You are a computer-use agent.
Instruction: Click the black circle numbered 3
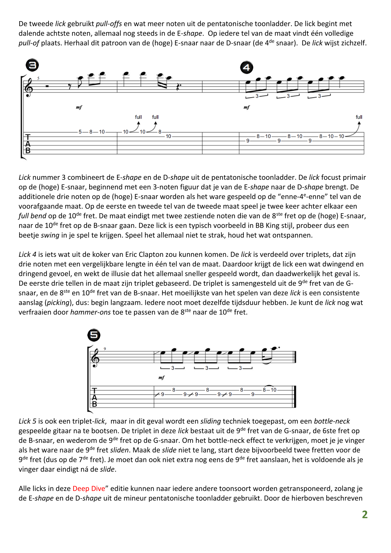coord(32,65)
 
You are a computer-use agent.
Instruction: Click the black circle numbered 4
coord(246,68)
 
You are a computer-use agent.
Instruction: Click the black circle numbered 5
coord(94,335)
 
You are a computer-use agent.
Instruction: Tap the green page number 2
coord(365,515)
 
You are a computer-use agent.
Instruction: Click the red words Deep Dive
coord(89,489)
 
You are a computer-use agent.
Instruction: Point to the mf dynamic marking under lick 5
coord(161,378)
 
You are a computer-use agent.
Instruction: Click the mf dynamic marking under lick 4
coord(247,108)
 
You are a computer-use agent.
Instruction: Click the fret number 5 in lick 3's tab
coord(80,132)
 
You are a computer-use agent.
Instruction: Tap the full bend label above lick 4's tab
coord(359,117)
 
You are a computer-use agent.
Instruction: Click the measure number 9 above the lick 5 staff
coord(105,349)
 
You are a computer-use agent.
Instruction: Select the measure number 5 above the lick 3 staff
coord(38,78)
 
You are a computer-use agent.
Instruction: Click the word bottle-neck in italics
coord(332,421)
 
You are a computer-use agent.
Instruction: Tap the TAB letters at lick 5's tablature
coord(94,397)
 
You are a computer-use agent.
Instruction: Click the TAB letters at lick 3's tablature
coord(28,144)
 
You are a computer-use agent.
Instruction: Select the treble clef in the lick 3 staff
coord(28,87)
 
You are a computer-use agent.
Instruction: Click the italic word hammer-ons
coord(90,312)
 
